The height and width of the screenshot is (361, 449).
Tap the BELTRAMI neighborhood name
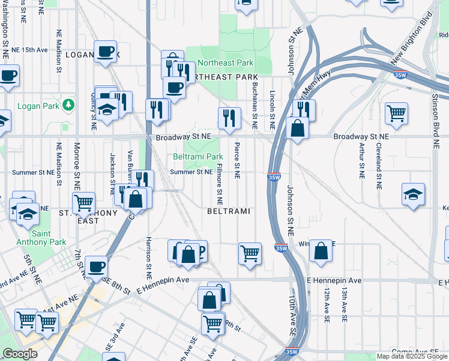tap(228, 212)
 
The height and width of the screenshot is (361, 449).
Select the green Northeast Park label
tap(226, 63)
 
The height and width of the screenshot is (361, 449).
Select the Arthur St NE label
tap(361, 160)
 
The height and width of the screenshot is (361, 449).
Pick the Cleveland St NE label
tap(379, 159)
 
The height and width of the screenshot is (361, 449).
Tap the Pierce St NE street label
tap(237, 160)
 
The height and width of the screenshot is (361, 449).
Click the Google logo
tap(20, 354)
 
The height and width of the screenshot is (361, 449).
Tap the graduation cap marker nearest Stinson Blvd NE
tap(413, 194)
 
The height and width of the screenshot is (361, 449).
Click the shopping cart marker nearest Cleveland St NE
tap(396, 113)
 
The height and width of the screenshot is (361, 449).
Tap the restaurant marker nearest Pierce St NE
tap(229, 119)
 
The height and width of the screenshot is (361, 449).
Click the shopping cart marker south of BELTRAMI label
tap(250, 252)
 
